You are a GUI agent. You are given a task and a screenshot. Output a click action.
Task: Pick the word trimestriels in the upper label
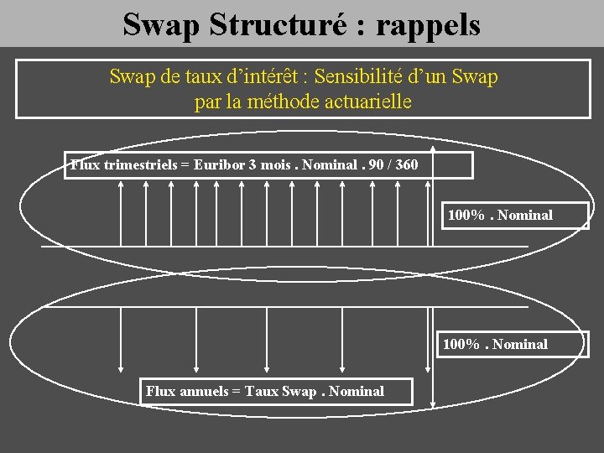pos(141,164)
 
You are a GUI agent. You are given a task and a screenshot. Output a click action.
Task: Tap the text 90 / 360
pos(393,164)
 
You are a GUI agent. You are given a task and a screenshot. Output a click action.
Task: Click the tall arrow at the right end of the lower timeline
pos(432,357)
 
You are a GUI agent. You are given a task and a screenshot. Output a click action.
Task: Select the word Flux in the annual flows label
pos(160,391)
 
